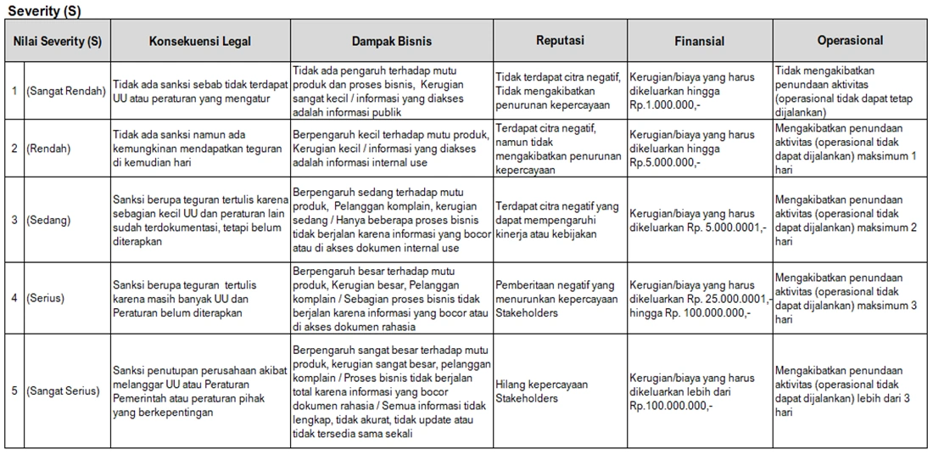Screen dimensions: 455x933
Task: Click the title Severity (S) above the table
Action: (x=46, y=11)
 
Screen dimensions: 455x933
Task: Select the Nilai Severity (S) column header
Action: (x=58, y=41)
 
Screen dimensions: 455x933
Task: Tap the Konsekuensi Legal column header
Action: (x=200, y=41)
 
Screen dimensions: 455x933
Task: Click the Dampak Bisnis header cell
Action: (x=392, y=41)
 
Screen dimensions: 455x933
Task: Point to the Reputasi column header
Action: (x=560, y=41)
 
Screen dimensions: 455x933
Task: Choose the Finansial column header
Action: (x=700, y=41)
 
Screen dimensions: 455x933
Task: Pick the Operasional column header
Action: (x=850, y=41)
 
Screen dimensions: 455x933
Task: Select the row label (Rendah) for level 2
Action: (x=48, y=148)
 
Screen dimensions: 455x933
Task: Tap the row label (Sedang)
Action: (x=48, y=220)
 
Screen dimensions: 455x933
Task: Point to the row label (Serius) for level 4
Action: (x=47, y=298)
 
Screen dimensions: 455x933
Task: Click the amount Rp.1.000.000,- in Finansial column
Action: (x=666, y=104)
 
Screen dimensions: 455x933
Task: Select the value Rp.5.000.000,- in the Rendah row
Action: (x=666, y=161)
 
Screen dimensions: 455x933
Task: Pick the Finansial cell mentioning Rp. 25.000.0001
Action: (x=700, y=298)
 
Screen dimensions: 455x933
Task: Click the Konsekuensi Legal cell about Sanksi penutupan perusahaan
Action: (x=200, y=391)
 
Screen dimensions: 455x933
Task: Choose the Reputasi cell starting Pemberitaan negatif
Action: (x=556, y=298)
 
